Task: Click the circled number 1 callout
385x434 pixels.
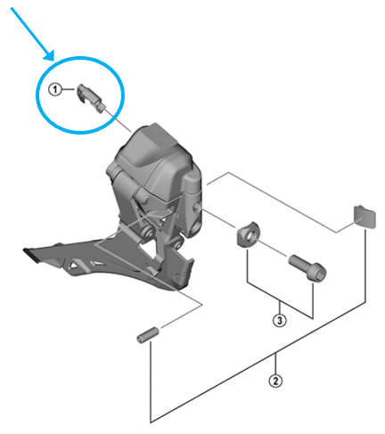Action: (x=55, y=90)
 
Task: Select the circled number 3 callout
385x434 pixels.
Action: (x=280, y=318)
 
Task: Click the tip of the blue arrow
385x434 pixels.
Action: (x=54, y=59)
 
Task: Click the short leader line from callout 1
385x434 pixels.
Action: (x=69, y=90)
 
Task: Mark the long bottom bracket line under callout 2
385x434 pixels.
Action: (x=258, y=419)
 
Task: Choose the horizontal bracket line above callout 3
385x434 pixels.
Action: (x=280, y=294)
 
